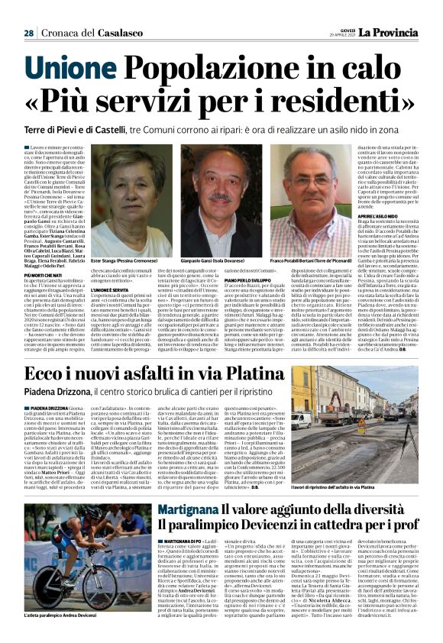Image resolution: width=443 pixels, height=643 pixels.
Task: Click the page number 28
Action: (x=28, y=34)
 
